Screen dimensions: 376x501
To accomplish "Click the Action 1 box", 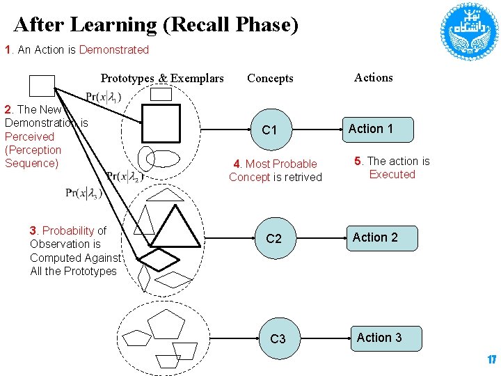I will coord(371,129).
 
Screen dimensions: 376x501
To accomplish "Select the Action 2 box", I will coord(375,237).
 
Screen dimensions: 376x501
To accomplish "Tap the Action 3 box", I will coord(379,338).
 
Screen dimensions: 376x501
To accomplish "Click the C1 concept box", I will coord(269,130).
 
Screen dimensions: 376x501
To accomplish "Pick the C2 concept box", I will coord(274,238).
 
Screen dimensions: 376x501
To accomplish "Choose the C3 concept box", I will coord(278,338).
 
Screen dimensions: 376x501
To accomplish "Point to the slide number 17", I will coord(491,360).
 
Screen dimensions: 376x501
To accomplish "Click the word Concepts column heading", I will coord(270,79).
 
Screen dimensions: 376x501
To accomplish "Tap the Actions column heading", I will coord(374,77).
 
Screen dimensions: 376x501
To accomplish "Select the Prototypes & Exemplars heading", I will coord(162,78).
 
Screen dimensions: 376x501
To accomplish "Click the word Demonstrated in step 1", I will coord(114,49).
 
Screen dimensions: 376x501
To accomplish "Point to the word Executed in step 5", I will coord(392,174).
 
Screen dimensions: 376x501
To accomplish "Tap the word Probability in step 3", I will coord(68,230).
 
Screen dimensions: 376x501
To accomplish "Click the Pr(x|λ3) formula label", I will coord(83,192).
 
